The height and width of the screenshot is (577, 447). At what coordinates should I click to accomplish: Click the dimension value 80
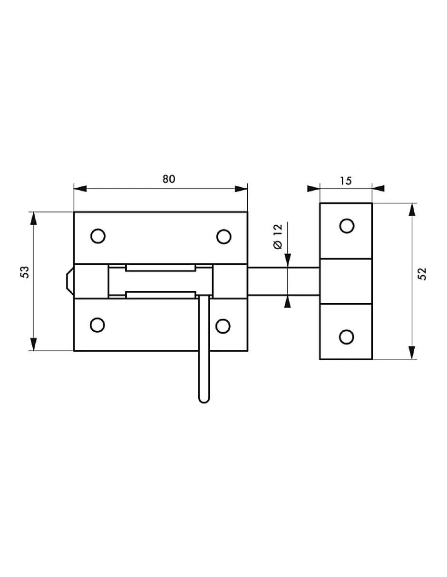pyautogui.click(x=169, y=179)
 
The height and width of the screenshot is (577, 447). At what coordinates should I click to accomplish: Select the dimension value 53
pyautogui.click(x=25, y=272)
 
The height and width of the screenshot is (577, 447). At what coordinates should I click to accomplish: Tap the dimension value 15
pyautogui.click(x=346, y=181)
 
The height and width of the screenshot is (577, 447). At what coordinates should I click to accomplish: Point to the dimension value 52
pyautogui.click(x=422, y=274)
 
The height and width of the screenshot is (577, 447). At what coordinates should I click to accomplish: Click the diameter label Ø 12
pyautogui.click(x=278, y=237)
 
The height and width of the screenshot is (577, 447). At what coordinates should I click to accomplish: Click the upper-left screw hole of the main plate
pyautogui.click(x=98, y=236)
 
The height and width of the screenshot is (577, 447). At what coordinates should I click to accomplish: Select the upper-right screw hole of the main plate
pyautogui.click(x=223, y=237)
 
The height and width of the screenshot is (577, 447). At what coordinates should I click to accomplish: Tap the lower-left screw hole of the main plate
pyautogui.click(x=97, y=325)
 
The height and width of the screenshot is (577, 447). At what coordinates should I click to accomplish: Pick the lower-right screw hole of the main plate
pyautogui.click(x=223, y=326)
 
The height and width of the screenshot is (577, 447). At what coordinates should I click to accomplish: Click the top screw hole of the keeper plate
pyautogui.click(x=347, y=226)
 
